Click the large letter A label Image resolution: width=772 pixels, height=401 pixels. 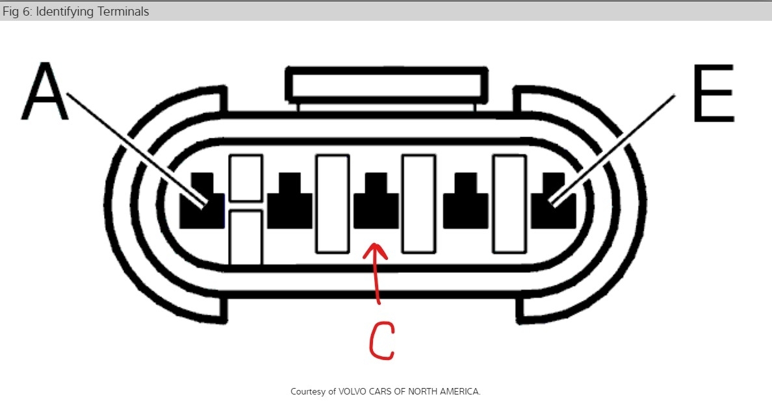click(44, 92)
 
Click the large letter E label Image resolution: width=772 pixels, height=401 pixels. click(714, 94)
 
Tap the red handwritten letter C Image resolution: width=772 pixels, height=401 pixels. click(381, 339)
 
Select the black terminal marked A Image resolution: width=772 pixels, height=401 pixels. click(201, 203)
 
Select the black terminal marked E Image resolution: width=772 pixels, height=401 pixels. click(554, 203)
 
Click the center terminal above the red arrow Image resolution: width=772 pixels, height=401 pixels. click(376, 203)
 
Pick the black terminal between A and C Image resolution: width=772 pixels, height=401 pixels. click(289, 203)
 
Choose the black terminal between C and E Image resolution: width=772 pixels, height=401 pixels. click(465, 203)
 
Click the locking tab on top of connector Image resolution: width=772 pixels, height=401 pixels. click(386, 84)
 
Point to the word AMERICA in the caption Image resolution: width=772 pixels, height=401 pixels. click(459, 391)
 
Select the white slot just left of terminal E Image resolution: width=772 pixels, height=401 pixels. click(509, 203)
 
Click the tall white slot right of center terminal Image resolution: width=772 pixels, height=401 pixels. click(418, 203)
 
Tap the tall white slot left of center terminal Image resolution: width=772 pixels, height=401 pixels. click(332, 203)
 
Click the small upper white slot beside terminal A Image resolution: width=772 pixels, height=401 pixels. click(246, 177)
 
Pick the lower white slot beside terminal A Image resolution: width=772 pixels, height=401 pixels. click(246, 237)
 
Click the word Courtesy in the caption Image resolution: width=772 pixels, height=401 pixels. click(309, 391)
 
